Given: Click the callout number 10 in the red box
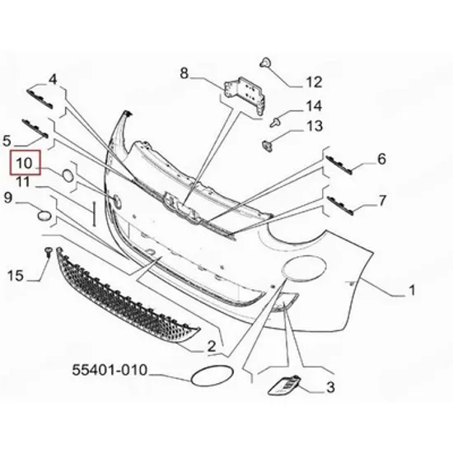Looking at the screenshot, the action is point(24,163).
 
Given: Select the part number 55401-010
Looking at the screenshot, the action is point(110,370).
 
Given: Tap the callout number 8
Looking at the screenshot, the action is point(184,73).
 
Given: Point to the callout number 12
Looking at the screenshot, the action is point(314,82).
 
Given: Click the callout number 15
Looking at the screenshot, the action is point(16,275).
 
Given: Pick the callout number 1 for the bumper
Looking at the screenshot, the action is point(412,290).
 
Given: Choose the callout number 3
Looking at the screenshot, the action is point(330,387).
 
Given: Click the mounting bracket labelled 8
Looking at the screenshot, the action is point(245,97).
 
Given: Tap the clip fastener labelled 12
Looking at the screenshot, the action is point(265,63).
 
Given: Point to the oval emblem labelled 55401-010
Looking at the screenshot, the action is point(212,376).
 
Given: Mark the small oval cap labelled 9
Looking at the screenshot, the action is point(44,216).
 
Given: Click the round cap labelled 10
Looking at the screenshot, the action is point(68,175).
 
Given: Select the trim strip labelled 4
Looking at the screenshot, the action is point(40,99).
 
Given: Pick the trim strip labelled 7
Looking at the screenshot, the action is point(340,205).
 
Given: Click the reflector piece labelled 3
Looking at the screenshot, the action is point(285,385).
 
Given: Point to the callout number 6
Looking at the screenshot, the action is point(381,159).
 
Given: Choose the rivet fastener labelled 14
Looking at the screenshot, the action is point(276,122).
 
